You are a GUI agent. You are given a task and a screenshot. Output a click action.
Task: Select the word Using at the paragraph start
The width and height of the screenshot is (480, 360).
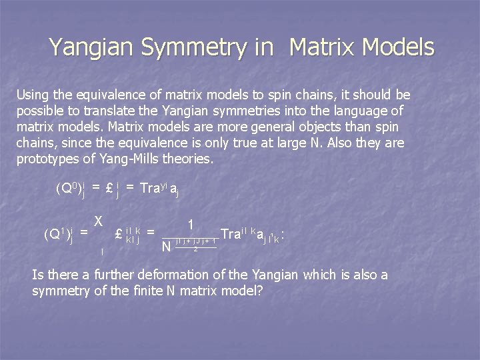click(31, 95)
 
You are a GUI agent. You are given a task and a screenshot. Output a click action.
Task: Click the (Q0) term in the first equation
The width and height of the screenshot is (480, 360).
click(67, 191)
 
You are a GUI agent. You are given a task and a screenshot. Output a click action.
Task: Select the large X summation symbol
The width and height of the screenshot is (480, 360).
click(98, 221)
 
